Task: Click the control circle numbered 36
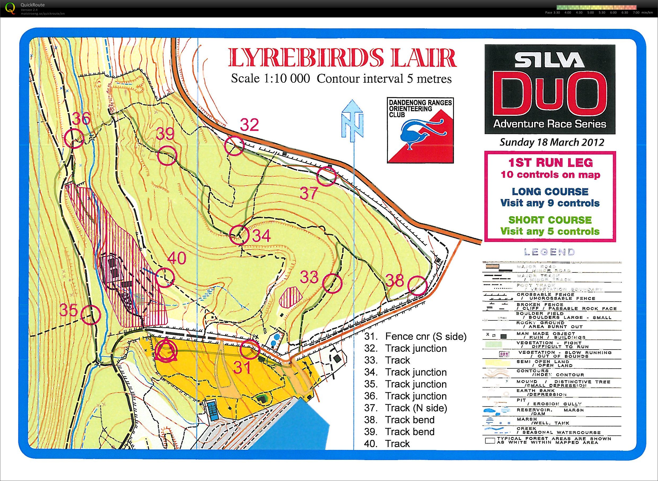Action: [x=74, y=139]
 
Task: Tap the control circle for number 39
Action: [x=167, y=156]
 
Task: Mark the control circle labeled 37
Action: [x=327, y=176]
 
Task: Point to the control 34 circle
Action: [x=239, y=235]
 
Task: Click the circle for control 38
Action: [x=417, y=286]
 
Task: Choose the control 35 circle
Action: [x=91, y=315]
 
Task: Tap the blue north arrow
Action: [x=352, y=121]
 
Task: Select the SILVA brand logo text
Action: [x=549, y=60]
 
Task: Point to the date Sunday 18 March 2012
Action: [x=552, y=142]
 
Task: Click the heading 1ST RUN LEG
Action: [x=550, y=162]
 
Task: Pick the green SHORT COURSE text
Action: [x=550, y=220]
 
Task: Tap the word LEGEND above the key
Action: [x=549, y=252]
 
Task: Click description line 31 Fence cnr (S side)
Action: [x=415, y=337]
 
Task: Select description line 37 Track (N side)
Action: [x=405, y=408]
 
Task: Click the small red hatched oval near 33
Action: [x=290, y=297]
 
